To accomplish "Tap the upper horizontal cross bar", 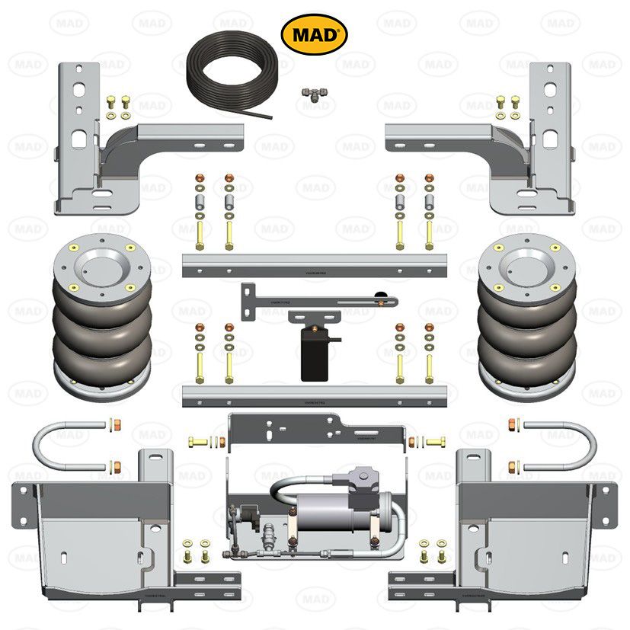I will click(313, 265).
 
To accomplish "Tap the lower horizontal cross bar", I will click(313, 395).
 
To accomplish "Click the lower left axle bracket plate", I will click(91, 533).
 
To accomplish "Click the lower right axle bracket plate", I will click(537, 533).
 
